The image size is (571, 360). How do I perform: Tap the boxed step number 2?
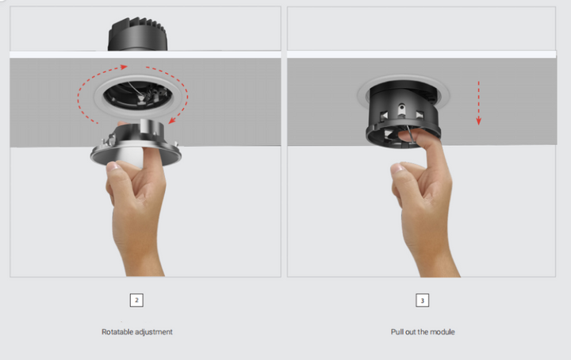pyautogui.click(x=137, y=301)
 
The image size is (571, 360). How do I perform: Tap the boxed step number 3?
pyautogui.click(x=423, y=301)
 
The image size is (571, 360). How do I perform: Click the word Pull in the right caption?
pyautogui.click(x=397, y=331)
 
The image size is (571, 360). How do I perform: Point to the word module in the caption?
pyautogui.click(x=443, y=331)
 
